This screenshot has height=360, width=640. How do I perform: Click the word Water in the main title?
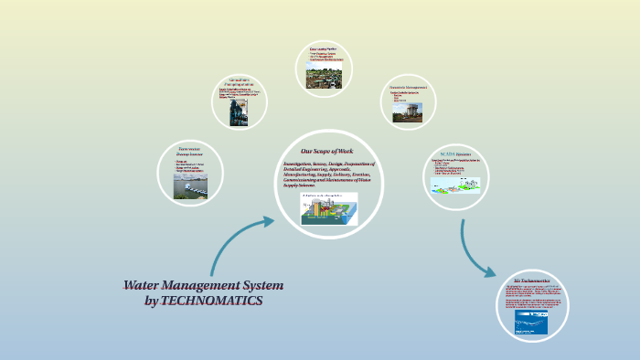(145, 285)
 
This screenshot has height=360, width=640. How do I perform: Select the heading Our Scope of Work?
(326, 151)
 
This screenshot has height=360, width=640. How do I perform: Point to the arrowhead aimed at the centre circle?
(268, 220)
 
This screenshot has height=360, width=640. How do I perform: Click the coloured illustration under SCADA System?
(456, 183)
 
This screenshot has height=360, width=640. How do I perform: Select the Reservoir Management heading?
(408, 87)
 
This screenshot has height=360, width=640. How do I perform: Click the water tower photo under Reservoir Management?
(408, 111)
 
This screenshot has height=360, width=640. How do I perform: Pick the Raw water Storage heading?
(189, 152)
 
